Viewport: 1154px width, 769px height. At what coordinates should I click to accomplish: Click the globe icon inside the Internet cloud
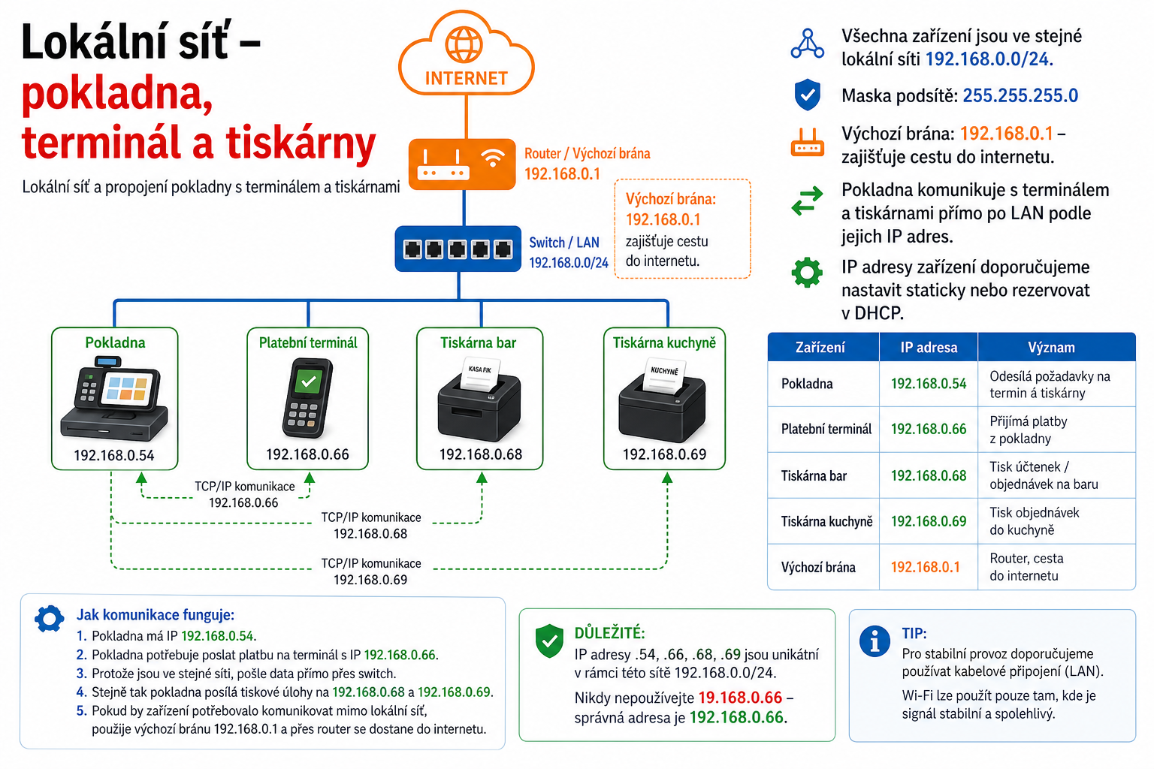[464, 45]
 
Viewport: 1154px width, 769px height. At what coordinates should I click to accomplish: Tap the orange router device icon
[462, 164]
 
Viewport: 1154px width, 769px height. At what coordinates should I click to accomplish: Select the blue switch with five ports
[458, 249]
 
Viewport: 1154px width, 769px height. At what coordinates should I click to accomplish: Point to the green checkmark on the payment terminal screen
[309, 381]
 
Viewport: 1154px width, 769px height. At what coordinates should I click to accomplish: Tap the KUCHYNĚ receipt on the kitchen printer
[664, 375]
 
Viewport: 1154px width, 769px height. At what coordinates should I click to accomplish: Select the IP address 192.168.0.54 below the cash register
[114, 455]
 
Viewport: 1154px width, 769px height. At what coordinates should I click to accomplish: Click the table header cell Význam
[1052, 348]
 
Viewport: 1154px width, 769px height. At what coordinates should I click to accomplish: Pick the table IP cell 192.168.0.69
[929, 521]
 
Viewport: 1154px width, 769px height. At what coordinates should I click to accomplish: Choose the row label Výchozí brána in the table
[818, 568]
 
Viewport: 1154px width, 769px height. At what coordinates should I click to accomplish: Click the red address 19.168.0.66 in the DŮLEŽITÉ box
[740, 698]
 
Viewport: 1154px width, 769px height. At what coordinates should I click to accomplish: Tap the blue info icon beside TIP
[875, 642]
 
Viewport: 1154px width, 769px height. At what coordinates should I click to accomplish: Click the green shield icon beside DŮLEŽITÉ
[549, 641]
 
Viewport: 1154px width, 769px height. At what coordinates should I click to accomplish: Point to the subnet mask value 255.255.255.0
[1020, 96]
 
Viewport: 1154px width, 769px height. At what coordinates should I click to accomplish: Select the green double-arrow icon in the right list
[808, 201]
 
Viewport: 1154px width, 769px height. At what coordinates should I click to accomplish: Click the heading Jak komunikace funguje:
[156, 614]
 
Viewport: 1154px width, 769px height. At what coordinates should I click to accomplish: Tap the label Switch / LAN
[564, 243]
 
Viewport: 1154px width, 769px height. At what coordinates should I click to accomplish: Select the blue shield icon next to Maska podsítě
[808, 95]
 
